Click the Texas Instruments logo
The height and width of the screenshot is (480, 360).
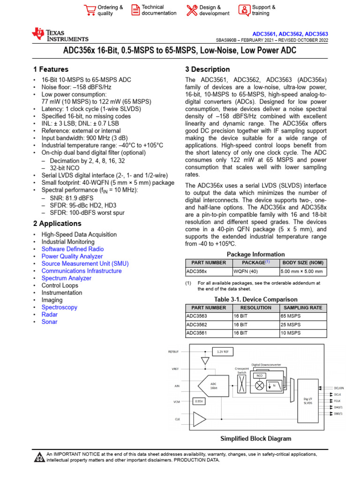point(60,35)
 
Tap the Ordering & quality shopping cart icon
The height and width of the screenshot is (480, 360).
point(89,10)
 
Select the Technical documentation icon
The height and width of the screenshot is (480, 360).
point(135,10)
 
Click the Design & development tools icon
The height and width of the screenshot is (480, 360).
point(192,10)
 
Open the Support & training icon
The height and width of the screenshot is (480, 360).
point(244,10)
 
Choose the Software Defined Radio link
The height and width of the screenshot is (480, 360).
point(73,249)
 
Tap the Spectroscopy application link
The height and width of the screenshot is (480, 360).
point(60,307)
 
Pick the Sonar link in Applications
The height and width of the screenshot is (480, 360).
point(50,322)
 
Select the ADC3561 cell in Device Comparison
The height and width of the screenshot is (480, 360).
point(196,333)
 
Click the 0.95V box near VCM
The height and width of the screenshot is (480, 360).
point(198,401)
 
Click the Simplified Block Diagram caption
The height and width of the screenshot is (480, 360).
point(255,439)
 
